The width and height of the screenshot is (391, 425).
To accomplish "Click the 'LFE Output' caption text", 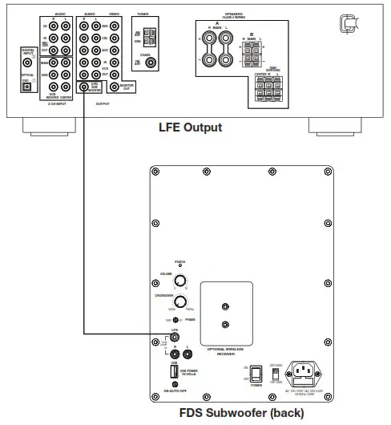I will coord(190,127).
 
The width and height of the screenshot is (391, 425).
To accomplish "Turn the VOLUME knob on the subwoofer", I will coord(180,281).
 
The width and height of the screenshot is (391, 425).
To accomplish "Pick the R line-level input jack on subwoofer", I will coord(174,351).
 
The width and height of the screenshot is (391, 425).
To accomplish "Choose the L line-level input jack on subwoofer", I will coord(187,351).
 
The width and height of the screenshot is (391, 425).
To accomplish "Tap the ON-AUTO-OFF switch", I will coord(174,385).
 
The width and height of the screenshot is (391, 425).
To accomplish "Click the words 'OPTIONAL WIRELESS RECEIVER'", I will coord(225,350).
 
